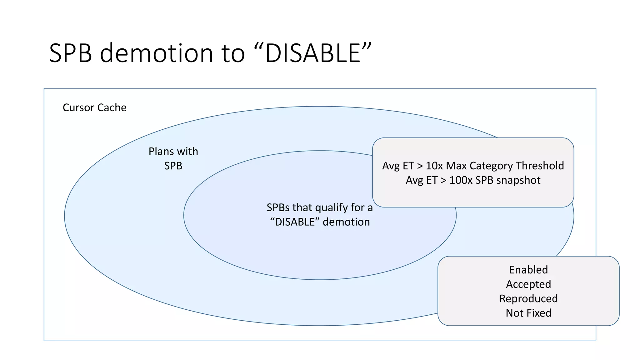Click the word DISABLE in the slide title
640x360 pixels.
pyautogui.click(x=313, y=53)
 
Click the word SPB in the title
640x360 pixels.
pyautogui.click(x=71, y=53)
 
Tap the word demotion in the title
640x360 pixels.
pyautogui.click(x=156, y=53)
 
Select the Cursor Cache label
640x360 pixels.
pyautogui.click(x=94, y=107)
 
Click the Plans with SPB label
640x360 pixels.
pyautogui.click(x=173, y=158)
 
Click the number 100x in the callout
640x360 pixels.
pyautogui.click(x=461, y=180)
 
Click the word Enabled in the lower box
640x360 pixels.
pyautogui.click(x=528, y=270)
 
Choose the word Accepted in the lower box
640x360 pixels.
pyautogui.click(x=528, y=284)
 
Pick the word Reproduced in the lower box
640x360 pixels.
pyautogui.click(x=528, y=298)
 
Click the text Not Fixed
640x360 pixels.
pyautogui.click(x=528, y=313)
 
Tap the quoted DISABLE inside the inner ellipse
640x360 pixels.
pyautogui.click(x=295, y=222)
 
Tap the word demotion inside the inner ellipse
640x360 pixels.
pyautogui.click(x=346, y=222)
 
